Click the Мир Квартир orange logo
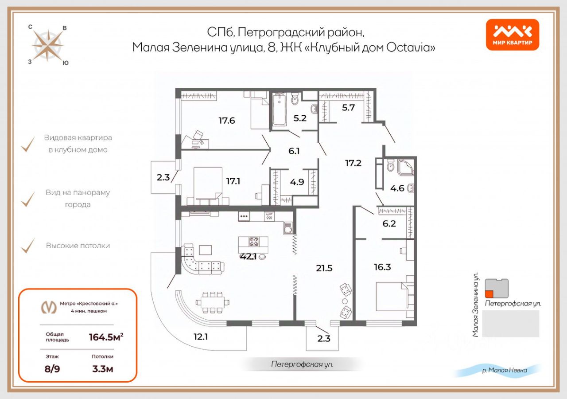[513, 35]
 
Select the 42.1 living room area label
[249, 256]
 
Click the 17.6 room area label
[226, 120]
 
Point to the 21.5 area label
[324, 268]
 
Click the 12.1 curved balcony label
[201, 336]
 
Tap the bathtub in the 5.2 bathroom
[280, 110]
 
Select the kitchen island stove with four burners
[254, 242]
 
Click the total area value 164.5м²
[106, 337]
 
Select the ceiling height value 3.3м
[102, 368]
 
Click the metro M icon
[48, 307]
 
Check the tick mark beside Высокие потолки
[28, 245]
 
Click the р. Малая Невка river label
[504, 371]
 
